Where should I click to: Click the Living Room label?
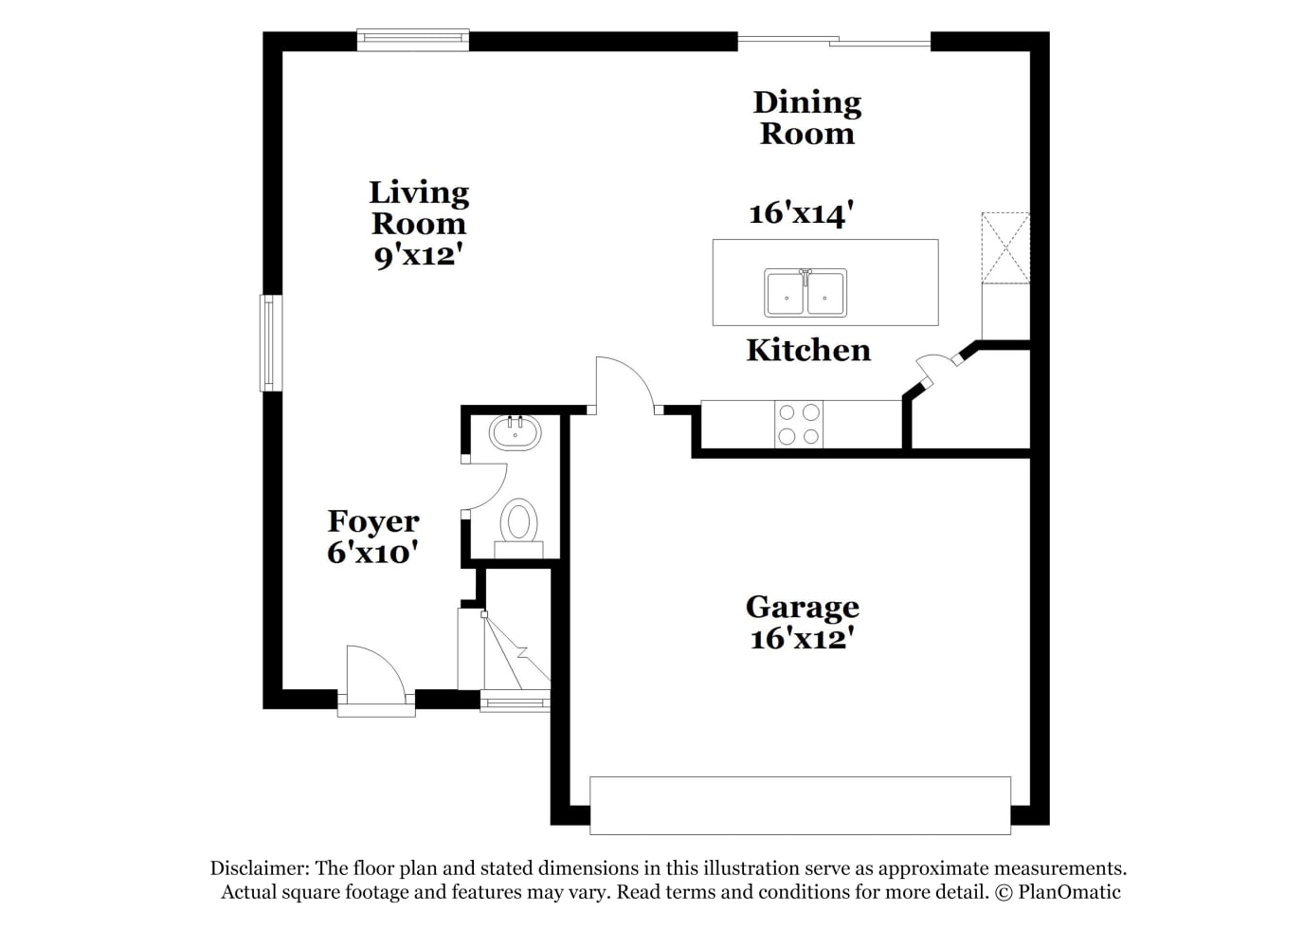tap(419, 209)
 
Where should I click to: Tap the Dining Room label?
tap(807, 118)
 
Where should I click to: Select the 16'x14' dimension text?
tap(801, 213)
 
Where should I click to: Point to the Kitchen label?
tap(808, 351)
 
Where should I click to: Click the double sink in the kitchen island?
tap(805, 293)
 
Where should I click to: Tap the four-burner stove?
tap(799, 425)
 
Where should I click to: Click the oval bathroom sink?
tap(515, 432)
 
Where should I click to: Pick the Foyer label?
tap(372, 521)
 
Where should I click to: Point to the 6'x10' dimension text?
tap(372, 553)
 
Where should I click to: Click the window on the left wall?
tap(269, 343)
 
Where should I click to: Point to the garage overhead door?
tap(800, 806)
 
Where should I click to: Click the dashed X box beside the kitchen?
tap(1005, 248)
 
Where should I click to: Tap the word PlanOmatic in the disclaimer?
tap(1069, 892)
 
